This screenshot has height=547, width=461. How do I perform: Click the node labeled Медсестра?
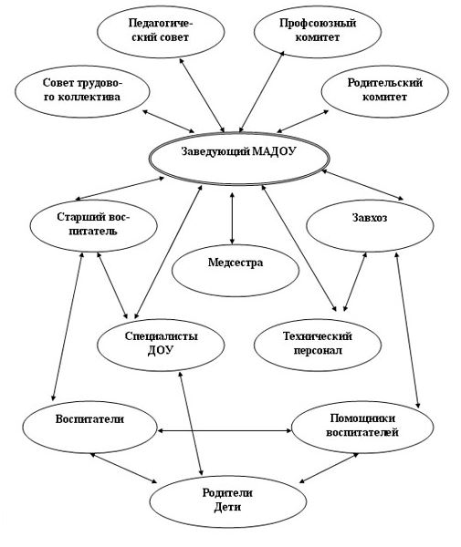(x=236, y=271)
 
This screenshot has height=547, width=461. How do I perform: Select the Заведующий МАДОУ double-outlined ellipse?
(x=238, y=159)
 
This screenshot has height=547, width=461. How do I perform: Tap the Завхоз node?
(x=370, y=226)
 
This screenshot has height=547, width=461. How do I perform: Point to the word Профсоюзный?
(x=318, y=23)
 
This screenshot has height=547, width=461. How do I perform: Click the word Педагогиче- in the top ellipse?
(x=161, y=23)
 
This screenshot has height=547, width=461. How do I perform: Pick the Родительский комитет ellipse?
(x=384, y=92)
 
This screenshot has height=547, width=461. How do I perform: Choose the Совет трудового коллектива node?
(x=82, y=92)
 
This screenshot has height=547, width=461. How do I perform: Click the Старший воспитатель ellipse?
(x=93, y=226)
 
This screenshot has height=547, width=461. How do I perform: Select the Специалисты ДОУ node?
(x=161, y=346)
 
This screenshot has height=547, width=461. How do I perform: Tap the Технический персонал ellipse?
(x=318, y=346)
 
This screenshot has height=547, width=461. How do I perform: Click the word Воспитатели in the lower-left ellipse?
(x=89, y=419)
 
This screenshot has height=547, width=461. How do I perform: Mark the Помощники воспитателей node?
(x=362, y=428)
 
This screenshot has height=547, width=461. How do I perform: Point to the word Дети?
(x=227, y=507)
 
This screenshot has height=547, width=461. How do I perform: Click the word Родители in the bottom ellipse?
(x=227, y=493)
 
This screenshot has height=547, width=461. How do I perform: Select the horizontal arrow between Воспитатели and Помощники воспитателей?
(x=225, y=431)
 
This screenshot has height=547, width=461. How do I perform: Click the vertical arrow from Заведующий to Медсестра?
(x=232, y=218)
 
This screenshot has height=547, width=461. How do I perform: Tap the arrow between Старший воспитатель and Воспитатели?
(x=68, y=326)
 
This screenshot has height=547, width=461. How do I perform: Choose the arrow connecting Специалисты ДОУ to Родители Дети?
(x=191, y=423)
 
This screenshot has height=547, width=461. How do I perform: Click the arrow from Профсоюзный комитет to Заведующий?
(x=262, y=92)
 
